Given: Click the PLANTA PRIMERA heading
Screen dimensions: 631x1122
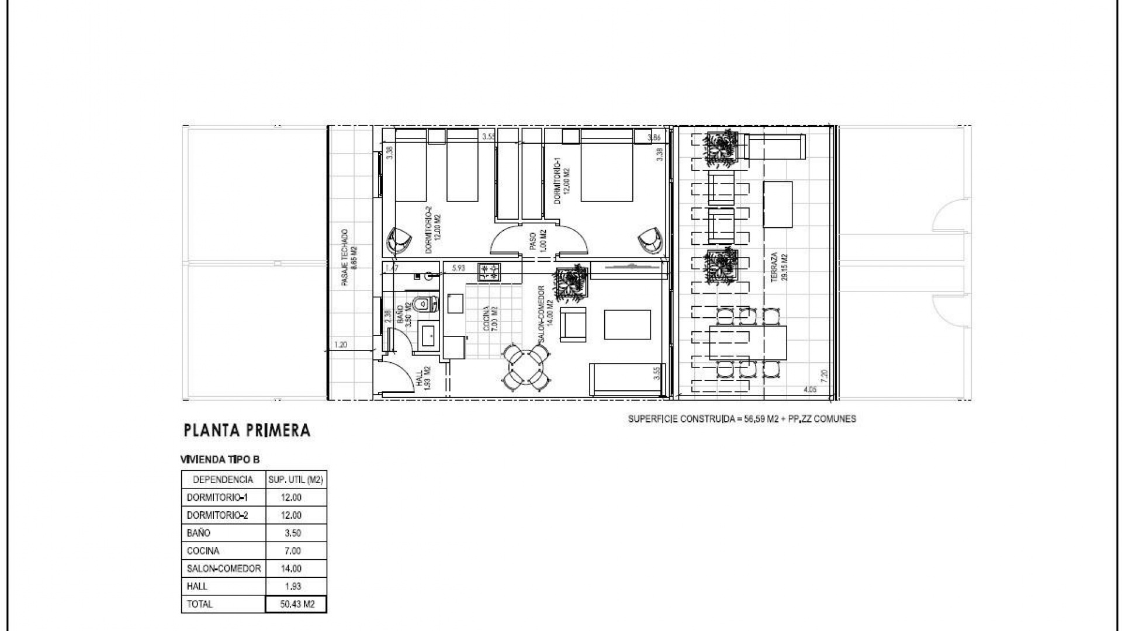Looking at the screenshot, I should [x=247, y=431].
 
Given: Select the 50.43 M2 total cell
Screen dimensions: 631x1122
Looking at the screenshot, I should [x=296, y=604].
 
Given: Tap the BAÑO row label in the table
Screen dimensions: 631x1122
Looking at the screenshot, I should [x=199, y=533].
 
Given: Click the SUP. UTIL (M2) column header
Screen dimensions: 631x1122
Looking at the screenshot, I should [x=296, y=480].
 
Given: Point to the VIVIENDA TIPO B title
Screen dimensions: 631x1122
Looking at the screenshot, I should [x=220, y=460].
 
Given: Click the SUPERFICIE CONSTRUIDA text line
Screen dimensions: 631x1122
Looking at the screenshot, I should [x=742, y=419].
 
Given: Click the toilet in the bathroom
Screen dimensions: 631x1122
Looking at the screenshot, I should [x=423, y=304].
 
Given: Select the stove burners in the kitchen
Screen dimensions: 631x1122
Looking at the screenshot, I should [x=489, y=271].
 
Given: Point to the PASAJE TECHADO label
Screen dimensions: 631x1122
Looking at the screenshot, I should [x=349, y=257].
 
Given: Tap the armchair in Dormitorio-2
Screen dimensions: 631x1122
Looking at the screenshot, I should [x=399, y=240].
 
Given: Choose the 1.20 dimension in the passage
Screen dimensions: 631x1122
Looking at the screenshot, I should [x=340, y=345].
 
